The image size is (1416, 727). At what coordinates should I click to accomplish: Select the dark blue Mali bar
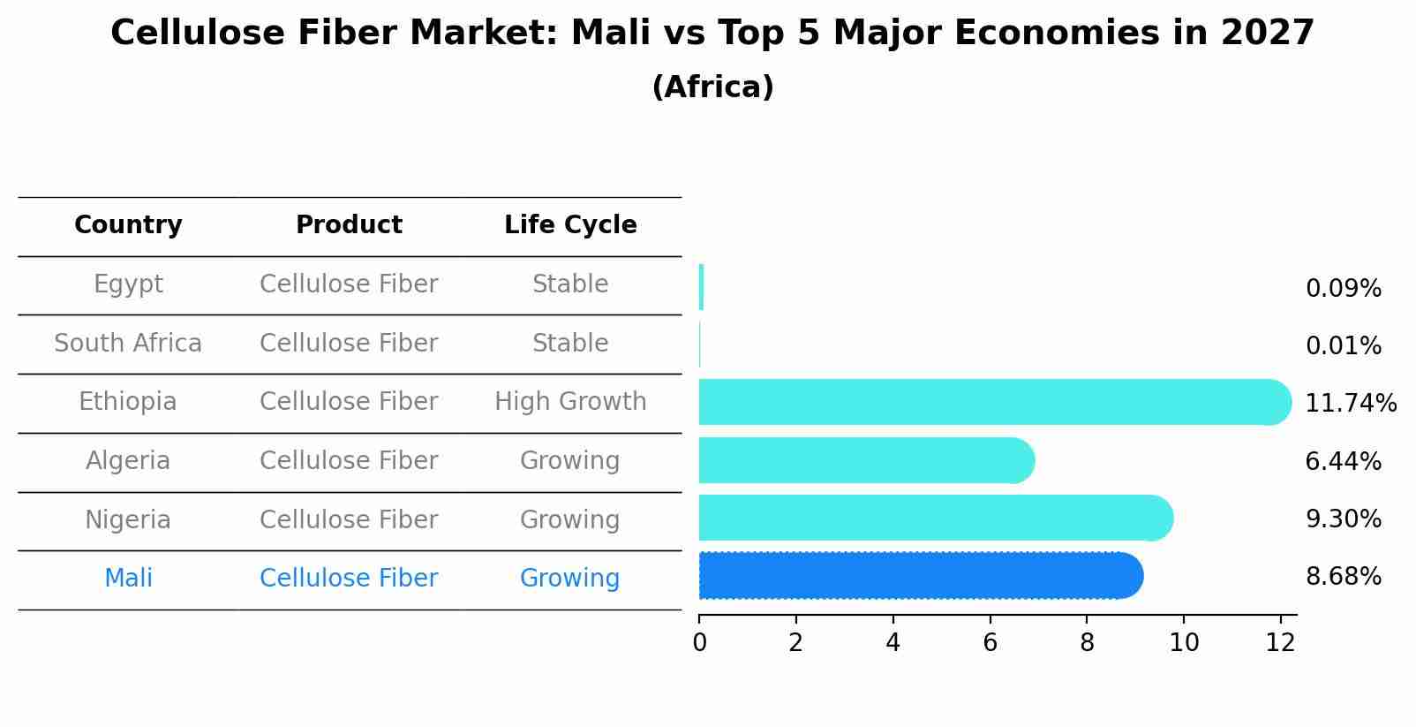click(x=918, y=576)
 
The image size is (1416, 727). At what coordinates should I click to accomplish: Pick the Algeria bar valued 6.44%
click(x=865, y=460)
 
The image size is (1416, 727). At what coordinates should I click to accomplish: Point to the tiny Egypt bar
click(x=701, y=287)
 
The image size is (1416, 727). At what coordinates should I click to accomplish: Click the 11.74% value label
click(x=1350, y=404)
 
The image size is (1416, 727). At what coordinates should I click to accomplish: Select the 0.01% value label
click(x=1343, y=346)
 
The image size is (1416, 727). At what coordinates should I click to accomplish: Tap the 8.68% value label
click(x=1343, y=577)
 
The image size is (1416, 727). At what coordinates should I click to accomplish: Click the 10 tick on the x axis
click(x=1184, y=643)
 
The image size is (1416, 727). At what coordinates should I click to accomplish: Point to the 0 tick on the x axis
click(x=699, y=643)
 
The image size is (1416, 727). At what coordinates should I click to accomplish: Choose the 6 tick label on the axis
click(x=990, y=643)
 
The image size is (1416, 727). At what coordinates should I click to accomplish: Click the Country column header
click(x=128, y=225)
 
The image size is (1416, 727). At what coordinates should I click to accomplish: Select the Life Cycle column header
click(x=570, y=225)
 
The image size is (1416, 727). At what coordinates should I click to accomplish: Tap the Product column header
click(x=349, y=225)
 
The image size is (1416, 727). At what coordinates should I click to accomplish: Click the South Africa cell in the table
click(x=128, y=344)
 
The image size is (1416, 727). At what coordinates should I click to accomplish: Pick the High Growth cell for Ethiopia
click(x=570, y=402)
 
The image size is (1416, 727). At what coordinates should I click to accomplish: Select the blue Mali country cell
click(x=128, y=579)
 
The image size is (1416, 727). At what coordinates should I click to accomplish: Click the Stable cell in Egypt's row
click(x=570, y=284)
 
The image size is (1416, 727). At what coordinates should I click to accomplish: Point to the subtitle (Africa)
click(x=712, y=87)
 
